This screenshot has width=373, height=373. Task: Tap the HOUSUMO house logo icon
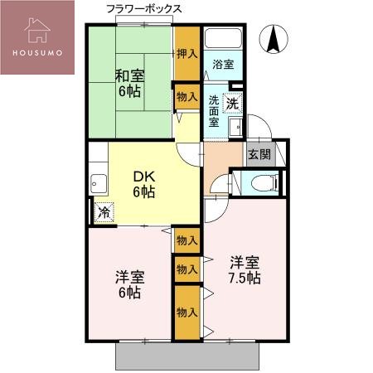coord(38,30)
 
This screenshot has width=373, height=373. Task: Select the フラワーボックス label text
coord(144,8)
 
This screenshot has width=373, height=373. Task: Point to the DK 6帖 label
coord(144,183)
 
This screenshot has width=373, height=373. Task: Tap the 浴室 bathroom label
coord(222,64)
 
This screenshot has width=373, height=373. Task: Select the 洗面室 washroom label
coord(214,110)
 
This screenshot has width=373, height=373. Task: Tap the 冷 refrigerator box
coord(104,212)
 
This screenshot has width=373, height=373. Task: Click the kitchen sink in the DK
coord(99,183)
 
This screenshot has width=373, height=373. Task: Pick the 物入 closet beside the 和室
coord(187,97)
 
